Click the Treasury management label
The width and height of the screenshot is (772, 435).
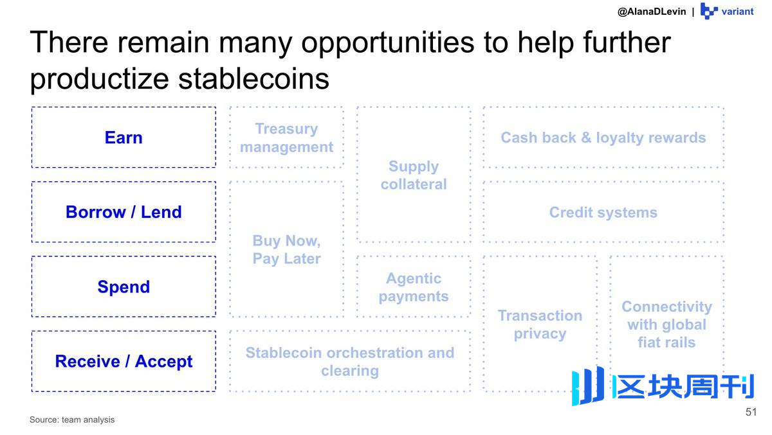286,138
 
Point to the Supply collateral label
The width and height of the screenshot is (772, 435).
414,175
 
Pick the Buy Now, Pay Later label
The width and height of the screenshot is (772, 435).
286,249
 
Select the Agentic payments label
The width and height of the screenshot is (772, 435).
414,287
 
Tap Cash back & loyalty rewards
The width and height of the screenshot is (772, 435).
603,138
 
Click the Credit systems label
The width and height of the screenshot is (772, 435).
603,212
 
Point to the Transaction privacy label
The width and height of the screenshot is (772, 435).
540,324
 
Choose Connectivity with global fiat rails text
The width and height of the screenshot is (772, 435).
666,324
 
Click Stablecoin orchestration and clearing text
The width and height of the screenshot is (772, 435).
350,362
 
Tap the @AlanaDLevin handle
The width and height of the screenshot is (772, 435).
652,12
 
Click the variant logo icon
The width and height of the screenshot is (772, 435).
709,11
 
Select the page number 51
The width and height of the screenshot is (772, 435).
751,412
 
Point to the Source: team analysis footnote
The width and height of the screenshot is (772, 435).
72,420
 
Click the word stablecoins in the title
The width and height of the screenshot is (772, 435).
253,79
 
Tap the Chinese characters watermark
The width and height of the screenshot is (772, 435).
683,386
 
